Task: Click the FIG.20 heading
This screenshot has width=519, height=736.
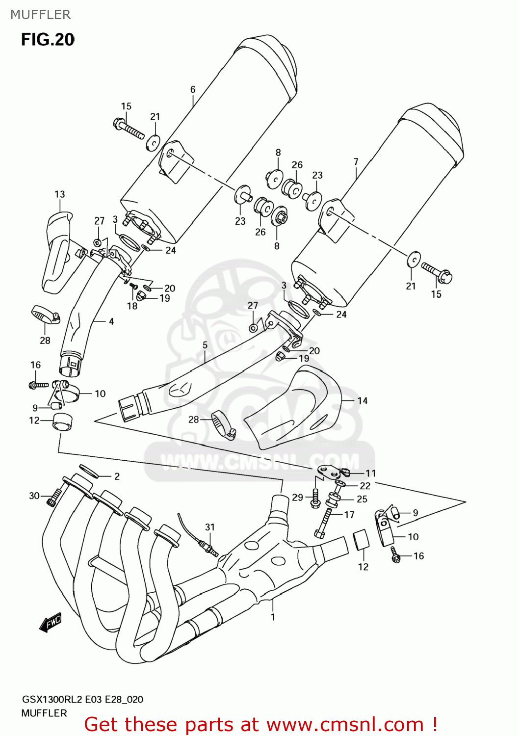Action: click(48, 39)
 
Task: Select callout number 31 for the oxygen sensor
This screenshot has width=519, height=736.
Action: click(210, 527)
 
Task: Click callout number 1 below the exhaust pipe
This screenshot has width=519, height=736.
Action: click(273, 617)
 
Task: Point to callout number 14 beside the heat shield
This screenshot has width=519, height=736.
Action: click(363, 401)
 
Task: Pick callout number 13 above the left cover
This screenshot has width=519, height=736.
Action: click(60, 194)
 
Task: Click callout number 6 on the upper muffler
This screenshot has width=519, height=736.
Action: click(193, 89)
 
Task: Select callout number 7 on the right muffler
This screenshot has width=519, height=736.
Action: click(356, 162)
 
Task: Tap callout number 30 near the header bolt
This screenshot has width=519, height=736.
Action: click(34, 496)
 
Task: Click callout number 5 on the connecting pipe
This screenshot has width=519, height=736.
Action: click(205, 345)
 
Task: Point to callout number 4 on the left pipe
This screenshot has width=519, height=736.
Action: click(111, 321)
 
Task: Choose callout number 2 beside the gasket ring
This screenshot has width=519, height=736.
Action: click(117, 476)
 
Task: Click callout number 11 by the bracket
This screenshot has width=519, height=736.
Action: click(371, 473)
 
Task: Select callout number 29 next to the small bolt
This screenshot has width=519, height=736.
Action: click(297, 498)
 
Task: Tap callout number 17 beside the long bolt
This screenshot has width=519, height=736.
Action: click(349, 515)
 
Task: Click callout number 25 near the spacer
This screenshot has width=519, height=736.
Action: click(362, 499)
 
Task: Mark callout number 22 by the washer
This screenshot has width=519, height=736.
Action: click(365, 486)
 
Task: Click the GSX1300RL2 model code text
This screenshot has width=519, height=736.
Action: click(52, 699)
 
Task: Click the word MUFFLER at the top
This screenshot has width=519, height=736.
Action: click(41, 15)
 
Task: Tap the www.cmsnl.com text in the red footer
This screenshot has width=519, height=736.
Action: click(345, 725)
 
